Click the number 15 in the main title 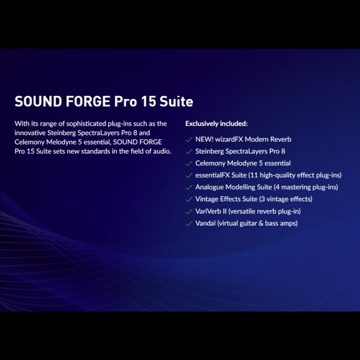(148, 101)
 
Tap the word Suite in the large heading (176, 101)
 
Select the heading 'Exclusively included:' (216, 124)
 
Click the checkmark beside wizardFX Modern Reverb (189, 139)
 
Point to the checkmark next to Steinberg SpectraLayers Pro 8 (189, 151)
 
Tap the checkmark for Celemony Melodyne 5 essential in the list (189, 163)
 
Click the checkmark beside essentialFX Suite (189, 175)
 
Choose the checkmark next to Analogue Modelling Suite (189, 187)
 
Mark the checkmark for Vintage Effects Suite (189, 199)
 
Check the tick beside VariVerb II (189, 211)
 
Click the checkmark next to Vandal (189, 223)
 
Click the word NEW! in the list (204, 139)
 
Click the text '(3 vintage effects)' (286, 199)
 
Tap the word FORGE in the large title (88, 101)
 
